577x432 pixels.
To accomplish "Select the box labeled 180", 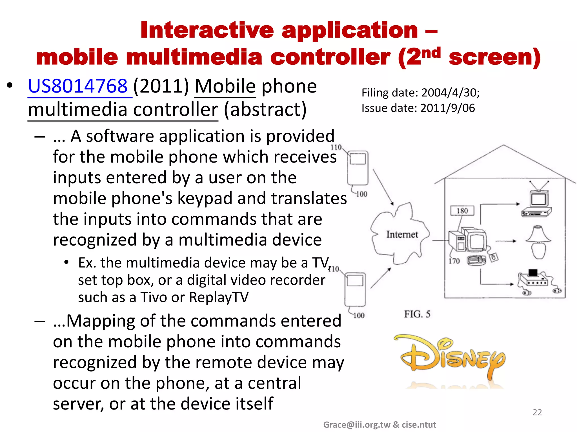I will (462, 211).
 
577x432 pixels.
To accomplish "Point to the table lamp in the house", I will (538, 242).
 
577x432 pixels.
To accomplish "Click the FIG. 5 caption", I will (417, 314).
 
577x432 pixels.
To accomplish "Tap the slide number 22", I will (537, 412).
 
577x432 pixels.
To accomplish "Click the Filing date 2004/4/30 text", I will (420, 93).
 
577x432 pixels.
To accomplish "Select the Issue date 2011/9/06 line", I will (418, 108).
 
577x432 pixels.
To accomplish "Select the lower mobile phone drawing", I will (355, 289).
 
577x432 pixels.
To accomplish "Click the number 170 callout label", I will (454, 261).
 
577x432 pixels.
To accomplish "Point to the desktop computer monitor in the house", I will (476, 239).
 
